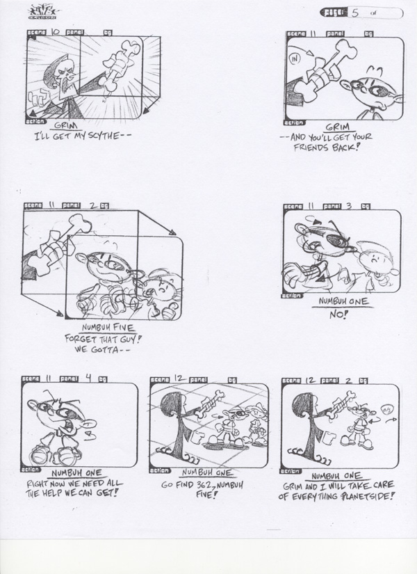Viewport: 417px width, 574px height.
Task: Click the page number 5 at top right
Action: [x=355, y=12]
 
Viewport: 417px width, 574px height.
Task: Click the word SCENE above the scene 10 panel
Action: [x=36, y=32]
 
